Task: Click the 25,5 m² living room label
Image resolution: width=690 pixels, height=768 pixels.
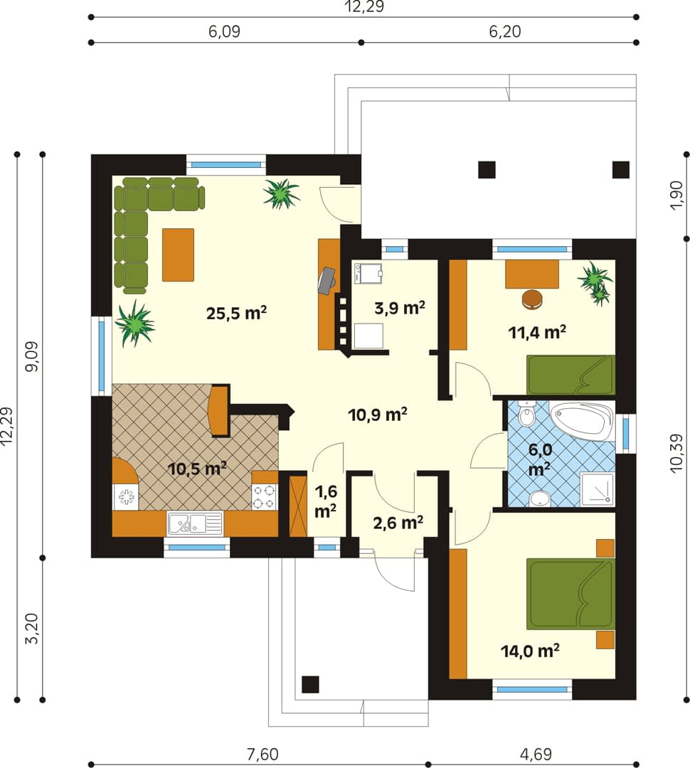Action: coord(236,313)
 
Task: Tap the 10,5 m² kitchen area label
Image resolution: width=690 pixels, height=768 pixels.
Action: coord(197,469)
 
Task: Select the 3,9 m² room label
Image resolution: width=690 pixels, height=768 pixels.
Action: coord(399,308)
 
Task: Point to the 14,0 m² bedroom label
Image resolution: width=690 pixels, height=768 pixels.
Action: coord(530,651)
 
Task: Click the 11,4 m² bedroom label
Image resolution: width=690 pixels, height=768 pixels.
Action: coord(537,333)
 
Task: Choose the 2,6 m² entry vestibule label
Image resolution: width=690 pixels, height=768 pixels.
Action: coord(398,523)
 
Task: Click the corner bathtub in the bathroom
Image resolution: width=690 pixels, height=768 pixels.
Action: coord(582,421)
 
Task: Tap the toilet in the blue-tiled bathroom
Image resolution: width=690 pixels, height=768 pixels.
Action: coord(526,414)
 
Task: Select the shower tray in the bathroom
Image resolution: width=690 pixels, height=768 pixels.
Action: coord(598,489)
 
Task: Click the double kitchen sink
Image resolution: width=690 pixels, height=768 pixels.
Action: coord(195,523)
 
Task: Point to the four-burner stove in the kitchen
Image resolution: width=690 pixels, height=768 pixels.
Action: coord(265,496)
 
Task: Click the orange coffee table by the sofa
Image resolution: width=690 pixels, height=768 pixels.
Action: coord(178,255)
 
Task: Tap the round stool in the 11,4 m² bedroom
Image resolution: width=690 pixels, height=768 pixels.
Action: coord(533,299)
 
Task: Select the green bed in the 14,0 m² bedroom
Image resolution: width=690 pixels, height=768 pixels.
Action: coord(570,594)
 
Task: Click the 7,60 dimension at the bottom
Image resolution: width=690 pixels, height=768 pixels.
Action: coord(262,754)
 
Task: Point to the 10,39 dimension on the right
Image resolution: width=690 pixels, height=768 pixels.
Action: coord(676,453)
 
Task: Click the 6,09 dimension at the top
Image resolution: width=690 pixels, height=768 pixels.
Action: coord(225,31)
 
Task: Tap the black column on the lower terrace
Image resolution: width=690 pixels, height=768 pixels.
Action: coord(310,684)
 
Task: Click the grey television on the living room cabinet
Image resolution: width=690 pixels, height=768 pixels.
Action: coord(327,281)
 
